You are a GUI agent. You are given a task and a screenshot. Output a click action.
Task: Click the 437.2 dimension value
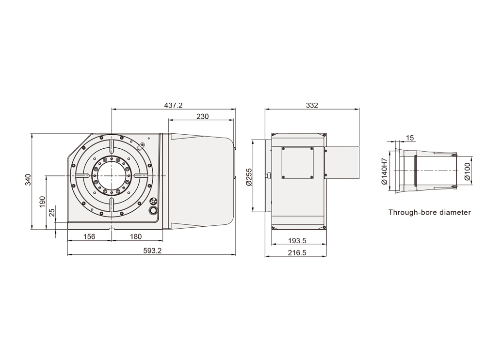[173, 105]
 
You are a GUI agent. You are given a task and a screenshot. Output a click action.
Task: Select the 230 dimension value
[203, 116]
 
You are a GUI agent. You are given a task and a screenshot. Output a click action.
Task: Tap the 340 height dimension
[28, 180]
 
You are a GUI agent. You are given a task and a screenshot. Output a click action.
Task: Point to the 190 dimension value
[42, 202]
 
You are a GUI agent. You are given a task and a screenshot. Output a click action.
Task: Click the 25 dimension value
[52, 212]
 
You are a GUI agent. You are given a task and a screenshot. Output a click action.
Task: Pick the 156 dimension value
[89, 237]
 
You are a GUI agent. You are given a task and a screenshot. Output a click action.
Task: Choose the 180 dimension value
[135, 237]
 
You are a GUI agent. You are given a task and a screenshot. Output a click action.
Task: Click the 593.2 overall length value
[152, 250]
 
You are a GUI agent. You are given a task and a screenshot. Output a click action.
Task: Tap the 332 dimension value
[312, 105]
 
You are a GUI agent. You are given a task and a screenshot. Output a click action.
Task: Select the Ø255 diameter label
[249, 177]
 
